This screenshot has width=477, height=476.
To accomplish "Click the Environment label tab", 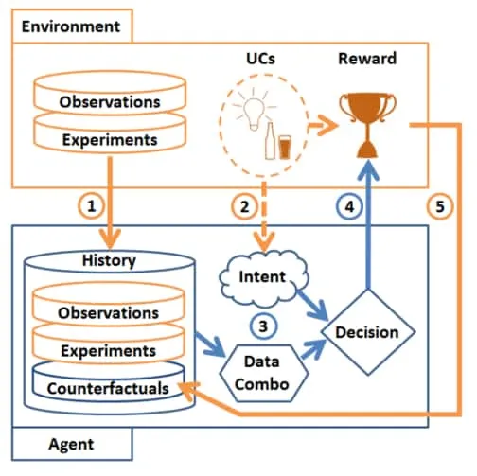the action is click(x=72, y=26).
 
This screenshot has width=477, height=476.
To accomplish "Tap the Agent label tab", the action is click(x=72, y=444).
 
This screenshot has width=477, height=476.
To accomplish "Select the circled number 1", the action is click(x=91, y=206).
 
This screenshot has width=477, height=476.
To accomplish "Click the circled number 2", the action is click(x=245, y=207).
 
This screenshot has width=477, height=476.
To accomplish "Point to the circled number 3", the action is click(x=263, y=326).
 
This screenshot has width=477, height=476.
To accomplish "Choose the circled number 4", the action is click(x=349, y=207).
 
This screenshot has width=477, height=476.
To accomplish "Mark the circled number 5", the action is click(x=440, y=206).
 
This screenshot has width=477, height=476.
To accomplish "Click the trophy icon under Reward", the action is click(x=367, y=125).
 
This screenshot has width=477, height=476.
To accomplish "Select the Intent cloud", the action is click(x=264, y=278).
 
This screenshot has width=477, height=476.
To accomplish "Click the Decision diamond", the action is click(x=368, y=332).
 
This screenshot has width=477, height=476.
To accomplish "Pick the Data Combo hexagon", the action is click(x=263, y=373).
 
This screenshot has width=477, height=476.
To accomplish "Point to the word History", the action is click(x=109, y=260).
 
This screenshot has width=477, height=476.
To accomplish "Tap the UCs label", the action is click(x=261, y=59).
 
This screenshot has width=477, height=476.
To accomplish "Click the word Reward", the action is click(x=367, y=59).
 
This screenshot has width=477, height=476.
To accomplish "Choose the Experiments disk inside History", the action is click(x=109, y=344).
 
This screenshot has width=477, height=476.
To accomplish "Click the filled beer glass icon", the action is click(x=285, y=147).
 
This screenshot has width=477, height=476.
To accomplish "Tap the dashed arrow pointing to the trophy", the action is click(x=323, y=126).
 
